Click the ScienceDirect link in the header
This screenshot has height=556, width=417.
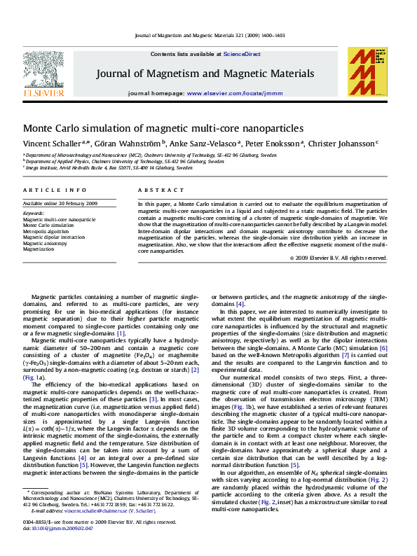coord(242,54)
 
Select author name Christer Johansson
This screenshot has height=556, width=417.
coord(342,144)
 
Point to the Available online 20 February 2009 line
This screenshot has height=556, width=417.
coord(60,203)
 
